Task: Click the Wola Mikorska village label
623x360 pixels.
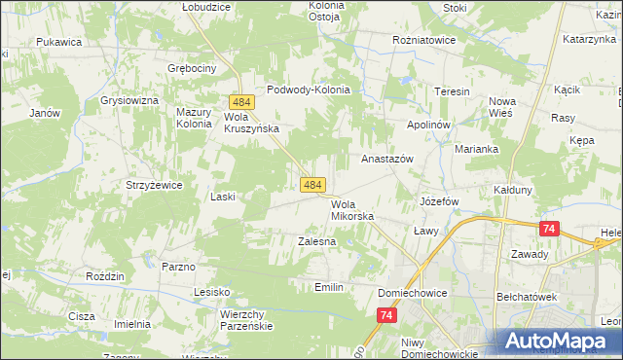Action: [x=351, y=210]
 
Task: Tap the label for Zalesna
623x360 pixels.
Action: [x=316, y=240]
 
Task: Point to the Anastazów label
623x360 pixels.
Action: [x=387, y=158]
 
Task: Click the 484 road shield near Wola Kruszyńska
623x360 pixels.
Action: [x=242, y=101]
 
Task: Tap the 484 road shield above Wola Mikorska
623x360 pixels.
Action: [x=312, y=184]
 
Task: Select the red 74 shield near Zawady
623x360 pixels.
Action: [x=549, y=228]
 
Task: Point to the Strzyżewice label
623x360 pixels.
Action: [x=148, y=184]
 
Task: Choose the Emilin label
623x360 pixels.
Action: [x=329, y=287]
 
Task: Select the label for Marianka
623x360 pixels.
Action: [x=476, y=149]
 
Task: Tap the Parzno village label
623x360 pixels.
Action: [x=178, y=266]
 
